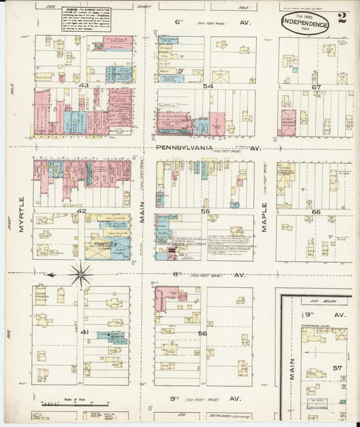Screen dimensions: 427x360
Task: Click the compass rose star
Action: (x=81, y=274)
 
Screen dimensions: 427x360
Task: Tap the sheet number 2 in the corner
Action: (x=342, y=18)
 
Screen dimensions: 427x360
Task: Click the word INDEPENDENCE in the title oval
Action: (x=306, y=23)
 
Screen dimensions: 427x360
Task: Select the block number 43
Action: (x=83, y=85)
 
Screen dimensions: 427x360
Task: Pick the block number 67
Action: (x=316, y=86)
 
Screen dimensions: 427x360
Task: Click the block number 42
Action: (x=82, y=211)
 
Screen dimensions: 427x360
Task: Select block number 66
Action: (x=315, y=212)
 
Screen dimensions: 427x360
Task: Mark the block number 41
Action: (x=84, y=332)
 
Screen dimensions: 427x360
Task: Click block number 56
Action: (x=203, y=333)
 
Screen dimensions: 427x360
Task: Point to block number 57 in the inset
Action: (x=337, y=368)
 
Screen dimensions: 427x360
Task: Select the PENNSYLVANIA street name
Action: (x=184, y=147)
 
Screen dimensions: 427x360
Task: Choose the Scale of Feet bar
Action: (x=66, y=404)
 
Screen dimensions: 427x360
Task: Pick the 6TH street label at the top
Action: (x=179, y=22)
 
